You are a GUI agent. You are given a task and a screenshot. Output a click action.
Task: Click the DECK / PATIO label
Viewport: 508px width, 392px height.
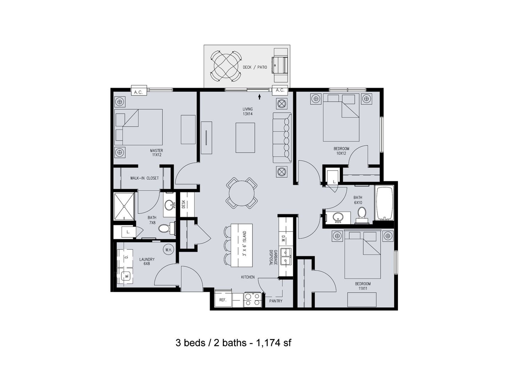tap(255, 67)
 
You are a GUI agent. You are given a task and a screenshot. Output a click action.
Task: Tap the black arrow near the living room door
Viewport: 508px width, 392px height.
tap(259, 97)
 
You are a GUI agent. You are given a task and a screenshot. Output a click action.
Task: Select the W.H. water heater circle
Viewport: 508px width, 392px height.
tap(169, 250)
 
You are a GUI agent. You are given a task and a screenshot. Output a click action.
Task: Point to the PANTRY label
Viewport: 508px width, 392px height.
tap(276, 301)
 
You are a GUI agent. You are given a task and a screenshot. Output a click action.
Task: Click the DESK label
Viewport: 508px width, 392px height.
tap(184, 204)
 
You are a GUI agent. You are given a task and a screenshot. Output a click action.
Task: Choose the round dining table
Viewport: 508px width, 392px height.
tap(242, 193)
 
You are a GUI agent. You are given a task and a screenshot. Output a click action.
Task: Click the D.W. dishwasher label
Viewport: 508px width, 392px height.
tap(283, 238)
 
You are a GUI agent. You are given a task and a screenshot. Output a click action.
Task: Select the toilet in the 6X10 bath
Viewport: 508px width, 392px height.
tap(362, 215)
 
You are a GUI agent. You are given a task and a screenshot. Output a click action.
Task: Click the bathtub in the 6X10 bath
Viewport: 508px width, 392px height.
tap(384, 203)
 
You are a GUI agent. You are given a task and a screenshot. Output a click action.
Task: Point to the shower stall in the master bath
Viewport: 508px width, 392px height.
tap(124, 206)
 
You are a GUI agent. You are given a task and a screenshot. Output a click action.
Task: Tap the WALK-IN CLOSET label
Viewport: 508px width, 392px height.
tap(144, 178)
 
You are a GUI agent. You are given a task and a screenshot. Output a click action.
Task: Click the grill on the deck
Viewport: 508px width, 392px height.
tap(281, 65)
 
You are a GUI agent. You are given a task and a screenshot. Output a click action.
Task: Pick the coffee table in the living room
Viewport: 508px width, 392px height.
tap(245, 138)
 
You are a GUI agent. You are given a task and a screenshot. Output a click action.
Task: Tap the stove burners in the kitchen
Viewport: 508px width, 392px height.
tap(252, 299)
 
